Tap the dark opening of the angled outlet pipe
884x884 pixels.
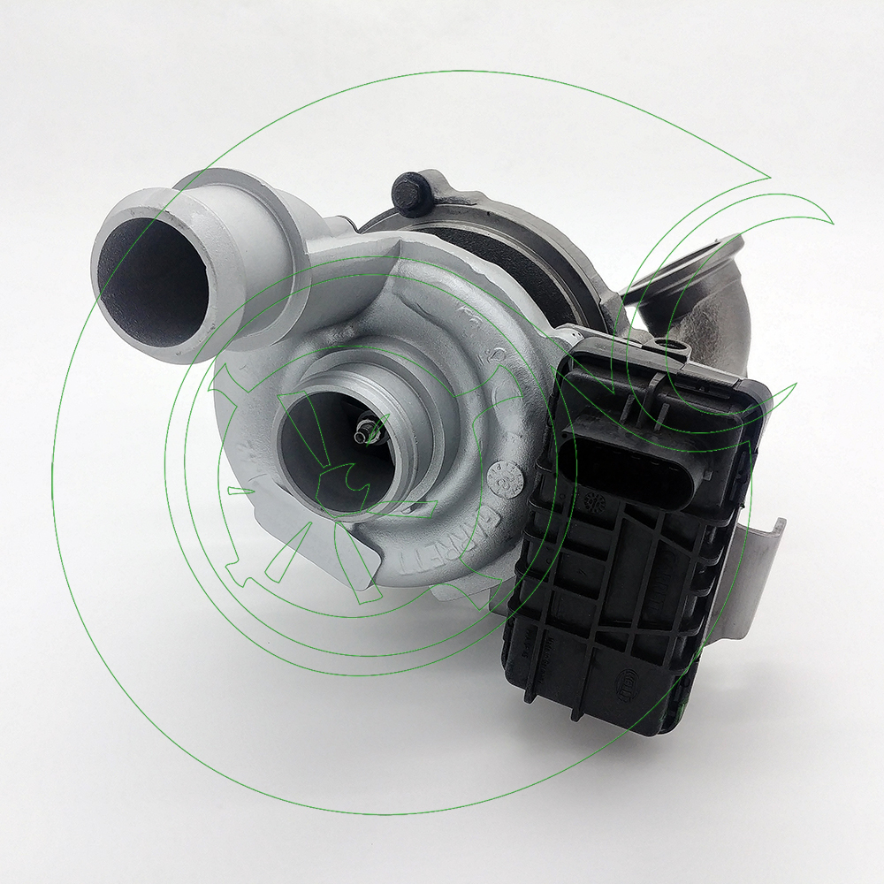(x=146, y=274)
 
